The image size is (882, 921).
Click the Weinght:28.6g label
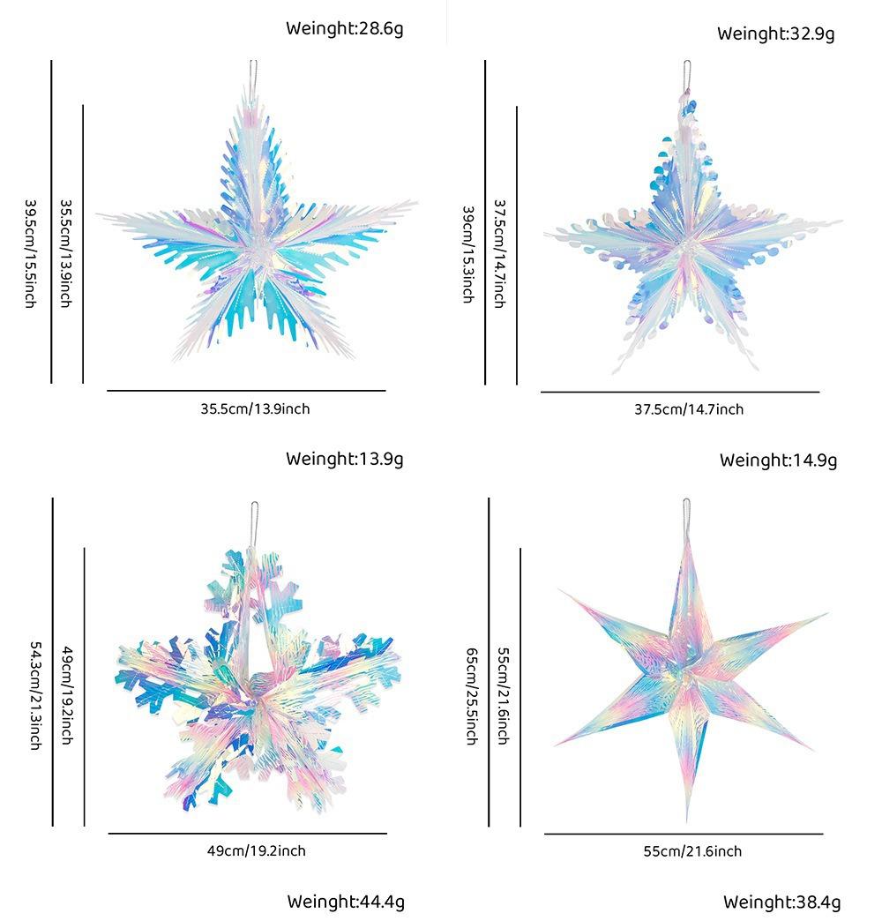[x=344, y=29]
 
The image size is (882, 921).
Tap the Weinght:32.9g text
[x=775, y=34]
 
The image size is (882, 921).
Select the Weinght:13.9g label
[x=344, y=459]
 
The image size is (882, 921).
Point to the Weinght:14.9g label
[x=778, y=460]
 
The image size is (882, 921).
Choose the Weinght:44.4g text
[x=345, y=902]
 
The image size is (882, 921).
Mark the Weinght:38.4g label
[x=781, y=902]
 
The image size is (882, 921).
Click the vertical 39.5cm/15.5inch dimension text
[x=30, y=252]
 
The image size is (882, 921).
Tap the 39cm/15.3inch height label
[x=467, y=254]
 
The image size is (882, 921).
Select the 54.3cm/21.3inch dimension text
[x=34, y=694]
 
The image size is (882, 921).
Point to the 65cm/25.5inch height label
[x=472, y=695]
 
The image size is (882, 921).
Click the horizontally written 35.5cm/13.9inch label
[x=255, y=409]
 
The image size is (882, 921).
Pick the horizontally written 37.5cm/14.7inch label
[x=689, y=409]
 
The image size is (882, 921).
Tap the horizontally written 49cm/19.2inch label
[x=256, y=851]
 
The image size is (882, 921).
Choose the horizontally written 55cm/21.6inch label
[x=692, y=851]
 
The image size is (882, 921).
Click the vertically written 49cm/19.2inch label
[x=66, y=694]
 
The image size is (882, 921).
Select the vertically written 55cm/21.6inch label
[x=503, y=695]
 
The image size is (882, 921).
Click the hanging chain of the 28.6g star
[x=253, y=72]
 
